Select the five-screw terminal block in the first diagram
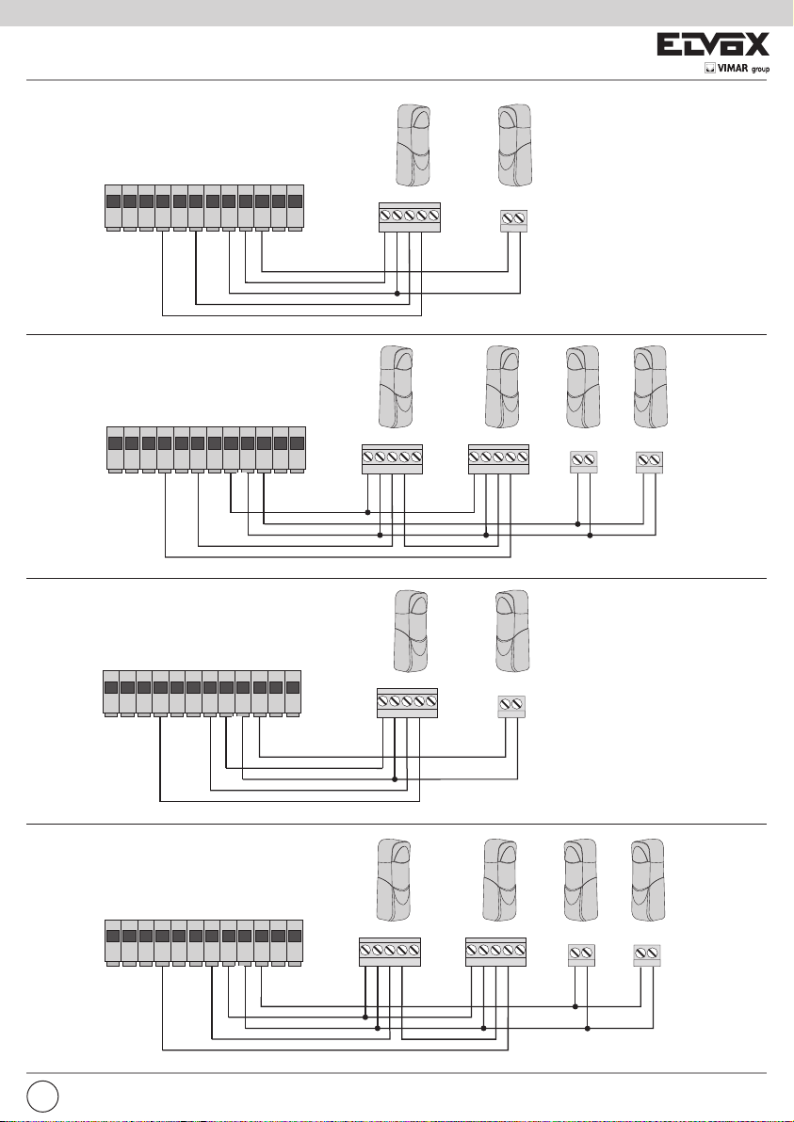[410, 216]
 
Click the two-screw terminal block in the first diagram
[513, 220]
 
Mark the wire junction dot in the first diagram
[397, 293]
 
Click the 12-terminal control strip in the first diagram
[203, 206]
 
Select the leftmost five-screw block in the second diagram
[392, 458]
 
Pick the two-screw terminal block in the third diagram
[512, 706]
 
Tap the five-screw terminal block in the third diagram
[408, 702]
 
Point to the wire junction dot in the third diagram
[395, 779]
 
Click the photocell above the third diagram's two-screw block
[513, 632]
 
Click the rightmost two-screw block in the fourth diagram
[647, 954]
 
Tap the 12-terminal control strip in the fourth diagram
[203, 941]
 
